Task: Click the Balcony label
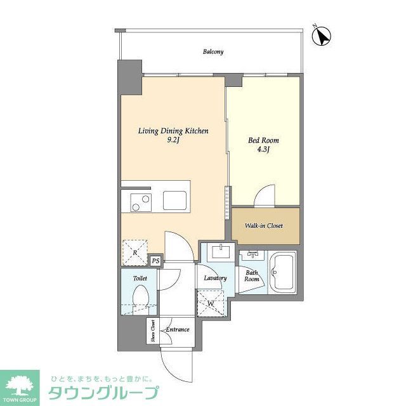[213, 52]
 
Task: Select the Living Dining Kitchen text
[174, 131]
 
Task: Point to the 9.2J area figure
[174, 141]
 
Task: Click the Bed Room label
[263, 140]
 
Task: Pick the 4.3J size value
[263, 150]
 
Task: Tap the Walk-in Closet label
[264, 226]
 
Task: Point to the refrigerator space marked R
[134, 252]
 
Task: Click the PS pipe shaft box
[155, 259]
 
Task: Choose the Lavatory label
[215, 278]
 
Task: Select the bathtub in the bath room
[282, 273]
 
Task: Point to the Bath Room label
[252, 276]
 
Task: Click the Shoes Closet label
[153, 331]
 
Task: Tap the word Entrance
[177, 329]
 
